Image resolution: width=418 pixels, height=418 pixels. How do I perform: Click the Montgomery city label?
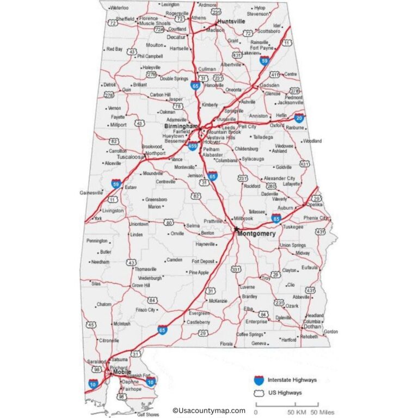[256, 233]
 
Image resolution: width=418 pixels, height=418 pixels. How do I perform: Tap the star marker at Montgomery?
[236, 229]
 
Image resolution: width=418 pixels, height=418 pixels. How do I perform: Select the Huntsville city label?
[231, 21]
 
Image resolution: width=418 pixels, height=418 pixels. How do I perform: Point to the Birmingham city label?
[181, 126]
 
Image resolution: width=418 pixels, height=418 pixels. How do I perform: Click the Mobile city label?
[122, 372]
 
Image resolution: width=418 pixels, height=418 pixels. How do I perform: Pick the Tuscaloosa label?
[130, 157]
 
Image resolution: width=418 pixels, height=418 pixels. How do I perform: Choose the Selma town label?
[193, 225]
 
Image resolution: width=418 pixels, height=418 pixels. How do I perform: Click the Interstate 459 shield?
[193, 146]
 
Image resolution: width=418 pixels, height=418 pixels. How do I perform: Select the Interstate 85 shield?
[276, 219]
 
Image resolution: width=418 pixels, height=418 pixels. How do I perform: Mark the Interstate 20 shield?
[299, 118]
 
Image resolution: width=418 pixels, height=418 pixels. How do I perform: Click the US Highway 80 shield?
[169, 223]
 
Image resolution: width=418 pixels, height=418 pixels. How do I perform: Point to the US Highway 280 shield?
[271, 186]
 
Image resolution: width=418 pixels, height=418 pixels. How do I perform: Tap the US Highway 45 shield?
[91, 325]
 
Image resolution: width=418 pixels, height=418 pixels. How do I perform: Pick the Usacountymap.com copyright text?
[209, 411]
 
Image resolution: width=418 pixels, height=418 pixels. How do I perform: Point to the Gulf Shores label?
[148, 414]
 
